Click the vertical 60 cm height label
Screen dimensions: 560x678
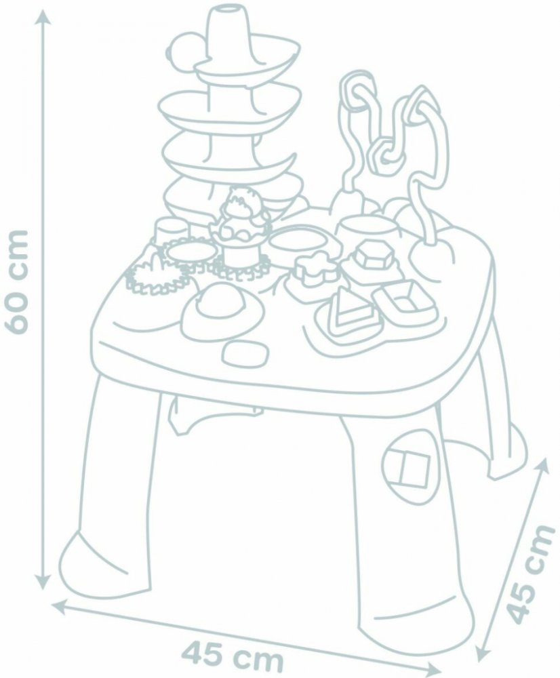click(x=17, y=281)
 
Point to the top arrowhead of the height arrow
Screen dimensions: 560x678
click(x=43, y=18)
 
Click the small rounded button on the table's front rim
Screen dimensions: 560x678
click(x=245, y=353)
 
